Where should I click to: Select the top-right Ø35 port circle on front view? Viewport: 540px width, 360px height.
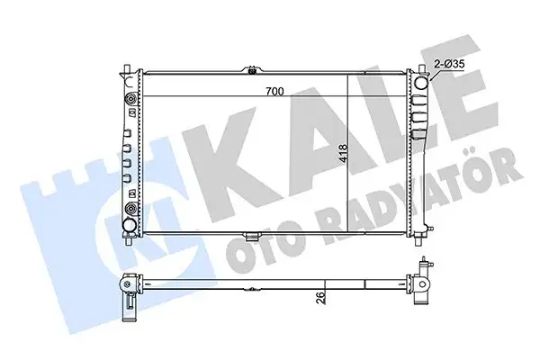pos(422,85)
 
